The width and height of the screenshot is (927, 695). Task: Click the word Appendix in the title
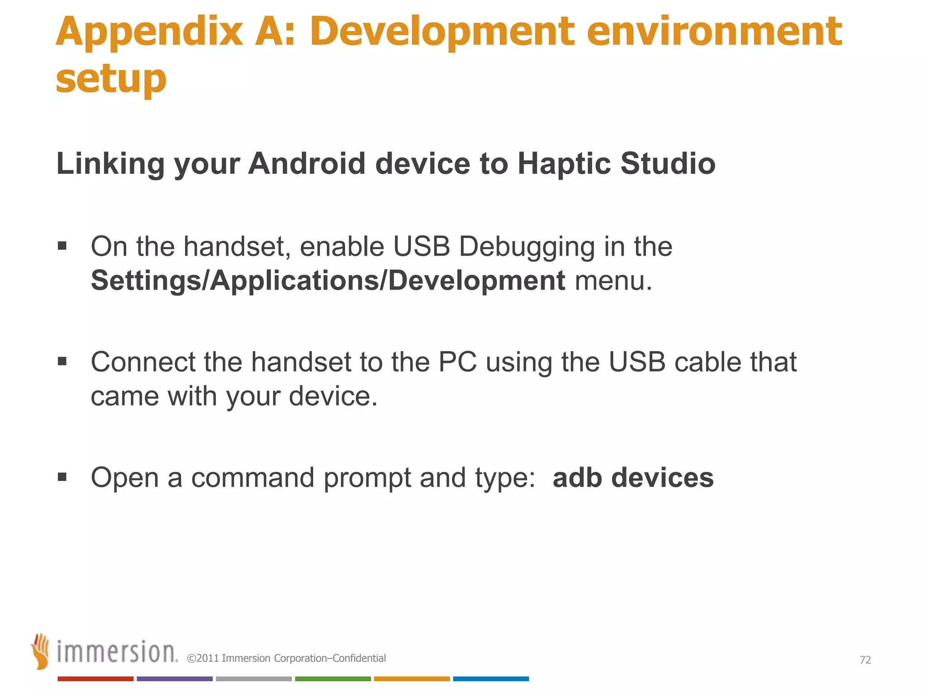(149, 33)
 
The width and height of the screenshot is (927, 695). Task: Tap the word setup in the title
(111, 80)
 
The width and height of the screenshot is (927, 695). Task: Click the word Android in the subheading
(306, 163)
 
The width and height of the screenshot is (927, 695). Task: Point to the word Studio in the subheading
(668, 163)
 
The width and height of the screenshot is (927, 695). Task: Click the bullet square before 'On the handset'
(62, 246)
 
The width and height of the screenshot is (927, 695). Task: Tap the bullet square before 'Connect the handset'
(62, 361)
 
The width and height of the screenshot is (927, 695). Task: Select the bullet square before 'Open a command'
(62, 477)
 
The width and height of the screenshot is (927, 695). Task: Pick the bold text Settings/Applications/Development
(328, 281)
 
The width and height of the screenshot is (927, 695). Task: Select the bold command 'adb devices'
(633, 478)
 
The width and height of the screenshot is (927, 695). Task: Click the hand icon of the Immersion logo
(41, 651)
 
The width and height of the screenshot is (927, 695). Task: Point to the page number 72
(865, 660)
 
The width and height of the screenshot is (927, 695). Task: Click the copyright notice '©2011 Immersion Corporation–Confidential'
(287, 658)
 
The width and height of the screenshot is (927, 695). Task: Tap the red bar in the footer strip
(96, 679)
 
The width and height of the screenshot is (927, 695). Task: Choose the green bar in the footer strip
(333, 679)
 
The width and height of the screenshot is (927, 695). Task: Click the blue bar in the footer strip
(491, 679)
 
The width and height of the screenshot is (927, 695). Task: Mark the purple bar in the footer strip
(174, 679)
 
